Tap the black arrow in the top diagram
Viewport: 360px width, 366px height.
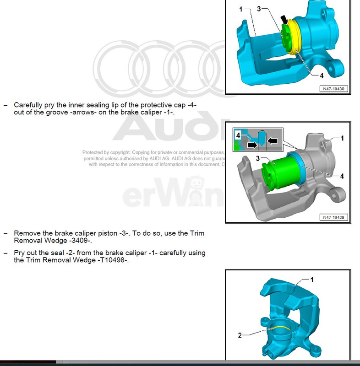click(x=285, y=20)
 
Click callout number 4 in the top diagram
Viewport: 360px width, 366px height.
click(x=321, y=76)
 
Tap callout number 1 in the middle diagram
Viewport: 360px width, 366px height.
click(x=341, y=138)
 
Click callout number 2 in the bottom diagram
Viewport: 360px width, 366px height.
click(x=240, y=335)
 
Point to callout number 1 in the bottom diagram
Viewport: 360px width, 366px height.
click(x=312, y=279)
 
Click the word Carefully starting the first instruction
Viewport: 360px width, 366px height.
click(x=28, y=104)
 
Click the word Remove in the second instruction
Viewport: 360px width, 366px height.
click(x=26, y=233)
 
